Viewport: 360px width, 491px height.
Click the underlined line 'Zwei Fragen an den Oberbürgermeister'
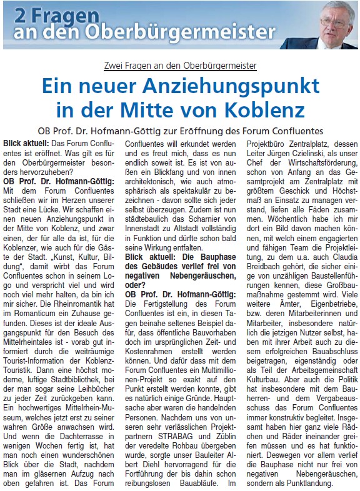(180, 66)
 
